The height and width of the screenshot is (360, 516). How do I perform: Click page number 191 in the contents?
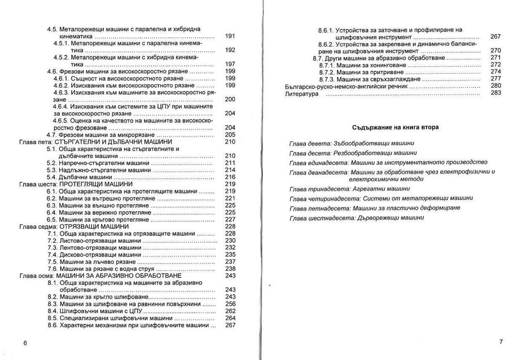pos(230,36)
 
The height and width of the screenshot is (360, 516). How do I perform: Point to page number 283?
pos(496,93)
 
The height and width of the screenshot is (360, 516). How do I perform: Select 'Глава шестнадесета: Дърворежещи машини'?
pos(357,218)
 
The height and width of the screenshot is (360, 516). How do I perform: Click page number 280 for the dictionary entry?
pos(496,86)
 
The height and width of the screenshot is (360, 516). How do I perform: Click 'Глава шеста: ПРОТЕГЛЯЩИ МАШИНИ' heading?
pos(75,184)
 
